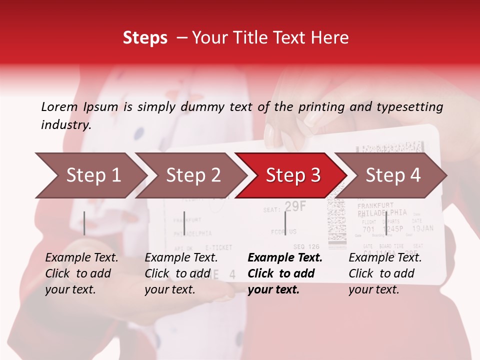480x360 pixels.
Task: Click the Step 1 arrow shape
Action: [x=90, y=175]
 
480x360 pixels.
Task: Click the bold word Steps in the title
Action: [x=145, y=37]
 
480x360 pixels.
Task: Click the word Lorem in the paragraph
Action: [x=59, y=106]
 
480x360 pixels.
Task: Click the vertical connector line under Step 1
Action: [x=84, y=223]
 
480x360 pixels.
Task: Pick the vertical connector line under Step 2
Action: [x=184, y=223]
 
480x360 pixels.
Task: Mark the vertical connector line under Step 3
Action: [x=285, y=223]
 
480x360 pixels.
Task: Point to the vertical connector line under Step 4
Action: [x=385, y=223]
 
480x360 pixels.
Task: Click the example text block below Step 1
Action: [x=81, y=273]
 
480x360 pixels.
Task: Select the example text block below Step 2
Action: [x=181, y=273]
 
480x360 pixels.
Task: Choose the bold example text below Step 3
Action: [x=285, y=273]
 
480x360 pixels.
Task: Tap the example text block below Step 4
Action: [x=385, y=273]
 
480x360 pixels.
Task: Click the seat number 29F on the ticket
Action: [x=295, y=206]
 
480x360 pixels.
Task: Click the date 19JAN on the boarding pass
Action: [x=423, y=229]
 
